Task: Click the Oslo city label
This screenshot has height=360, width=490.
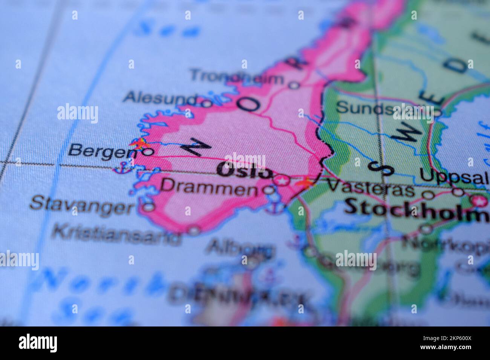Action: (245, 171)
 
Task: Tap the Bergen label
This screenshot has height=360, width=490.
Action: (102, 151)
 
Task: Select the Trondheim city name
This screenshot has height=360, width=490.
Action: (237, 77)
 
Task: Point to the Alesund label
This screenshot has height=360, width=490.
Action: (161, 99)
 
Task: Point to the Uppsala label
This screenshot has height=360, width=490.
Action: (454, 176)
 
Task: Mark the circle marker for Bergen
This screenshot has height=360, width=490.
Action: (149, 152)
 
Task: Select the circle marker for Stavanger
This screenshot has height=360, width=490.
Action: (149, 206)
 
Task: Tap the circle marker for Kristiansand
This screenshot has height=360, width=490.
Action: (194, 230)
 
